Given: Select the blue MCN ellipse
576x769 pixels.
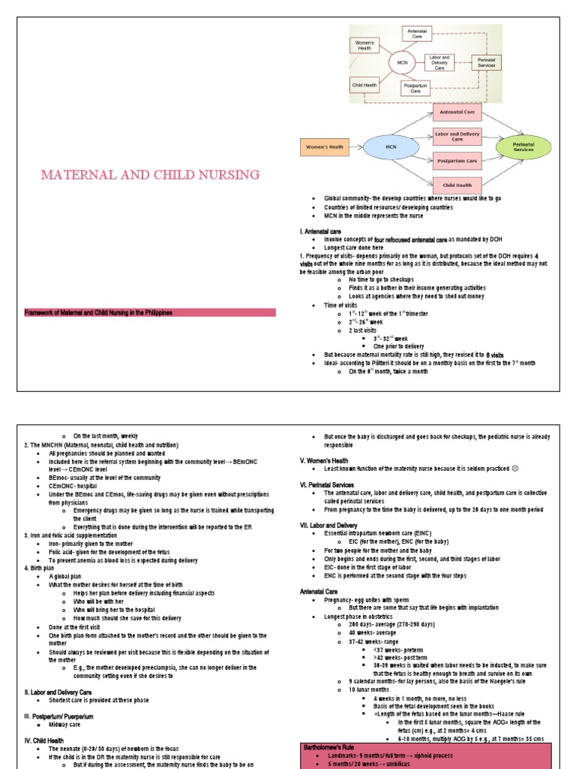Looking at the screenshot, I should (390, 147).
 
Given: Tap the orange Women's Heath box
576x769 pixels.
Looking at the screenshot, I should (327, 147).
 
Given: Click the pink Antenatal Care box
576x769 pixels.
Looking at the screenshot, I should (456, 113).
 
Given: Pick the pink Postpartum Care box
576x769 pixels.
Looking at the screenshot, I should (456, 161).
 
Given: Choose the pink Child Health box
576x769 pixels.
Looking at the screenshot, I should (456, 185).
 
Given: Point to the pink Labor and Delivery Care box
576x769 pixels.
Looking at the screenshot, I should (456, 137).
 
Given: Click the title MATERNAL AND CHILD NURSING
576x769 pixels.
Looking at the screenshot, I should (151, 175).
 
